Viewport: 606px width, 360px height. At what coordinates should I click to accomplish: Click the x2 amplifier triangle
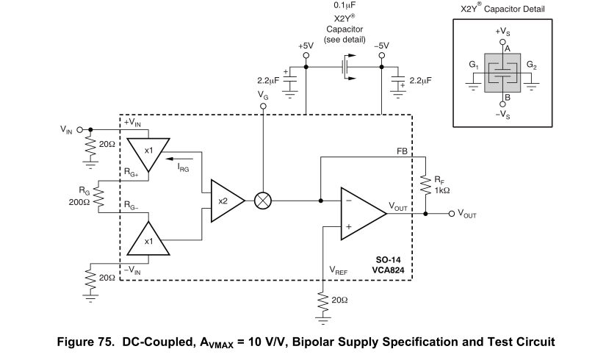227,201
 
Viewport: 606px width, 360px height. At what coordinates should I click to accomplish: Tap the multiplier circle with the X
263,201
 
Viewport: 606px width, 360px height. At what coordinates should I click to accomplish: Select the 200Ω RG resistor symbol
98,196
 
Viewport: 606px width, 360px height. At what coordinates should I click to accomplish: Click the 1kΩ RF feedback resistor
425,185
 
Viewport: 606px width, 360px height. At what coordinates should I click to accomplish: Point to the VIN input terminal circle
79,130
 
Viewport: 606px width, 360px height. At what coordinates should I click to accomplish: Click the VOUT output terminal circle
452,214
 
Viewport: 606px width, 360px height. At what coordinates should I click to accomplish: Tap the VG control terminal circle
263,106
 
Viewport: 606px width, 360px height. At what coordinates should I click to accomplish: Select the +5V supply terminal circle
306,55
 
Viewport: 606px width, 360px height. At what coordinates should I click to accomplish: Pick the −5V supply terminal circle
381,55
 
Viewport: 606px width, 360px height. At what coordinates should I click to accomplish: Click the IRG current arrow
179,159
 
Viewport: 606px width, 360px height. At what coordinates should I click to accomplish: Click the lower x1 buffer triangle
148,238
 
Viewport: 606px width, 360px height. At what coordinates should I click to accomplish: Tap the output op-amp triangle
364,214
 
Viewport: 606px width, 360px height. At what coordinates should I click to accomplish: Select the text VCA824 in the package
388,270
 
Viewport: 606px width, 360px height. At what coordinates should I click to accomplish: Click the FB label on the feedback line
402,151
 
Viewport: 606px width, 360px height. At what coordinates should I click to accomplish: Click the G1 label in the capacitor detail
474,65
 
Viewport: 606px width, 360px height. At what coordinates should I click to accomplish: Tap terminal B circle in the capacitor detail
502,104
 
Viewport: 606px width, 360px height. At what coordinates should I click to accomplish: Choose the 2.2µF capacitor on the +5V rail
290,79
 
